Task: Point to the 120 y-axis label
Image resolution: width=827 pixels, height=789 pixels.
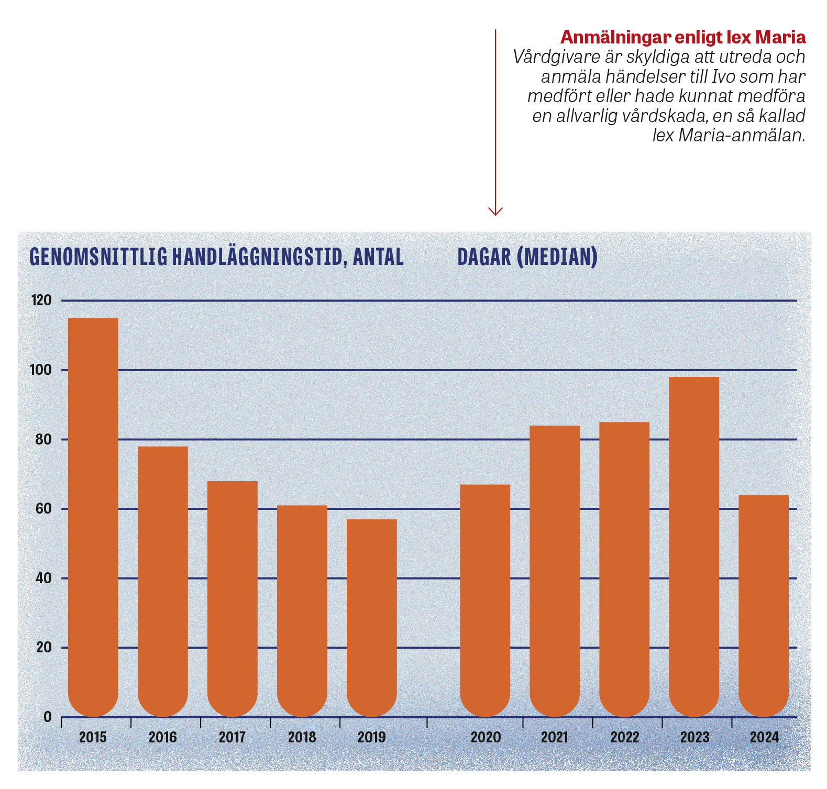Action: click(x=42, y=301)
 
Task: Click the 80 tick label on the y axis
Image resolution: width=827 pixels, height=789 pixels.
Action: click(x=43, y=440)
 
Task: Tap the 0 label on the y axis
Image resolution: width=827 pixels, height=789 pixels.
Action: click(x=48, y=717)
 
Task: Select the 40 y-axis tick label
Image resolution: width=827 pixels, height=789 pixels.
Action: click(x=43, y=579)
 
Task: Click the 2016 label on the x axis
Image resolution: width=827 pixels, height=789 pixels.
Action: click(x=163, y=737)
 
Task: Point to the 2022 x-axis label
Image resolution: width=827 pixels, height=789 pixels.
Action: click(x=625, y=737)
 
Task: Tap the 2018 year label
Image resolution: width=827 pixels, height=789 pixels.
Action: click(x=302, y=737)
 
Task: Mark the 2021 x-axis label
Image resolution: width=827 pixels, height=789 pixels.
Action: click(x=555, y=737)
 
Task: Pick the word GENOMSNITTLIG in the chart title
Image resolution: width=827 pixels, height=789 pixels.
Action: click(x=98, y=257)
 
